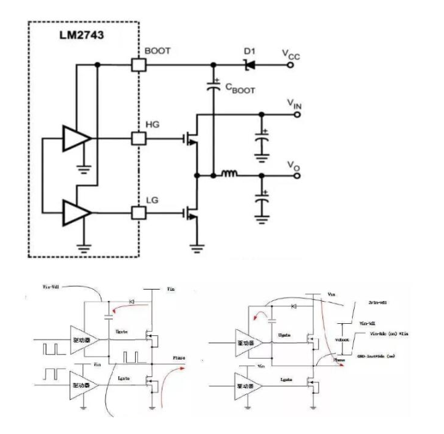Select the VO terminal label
[292, 165]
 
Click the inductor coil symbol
[229, 176]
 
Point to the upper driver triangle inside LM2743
[76, 139]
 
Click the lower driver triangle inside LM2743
[76, 213]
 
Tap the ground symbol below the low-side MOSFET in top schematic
[196, 247]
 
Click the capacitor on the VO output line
[261, 203]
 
